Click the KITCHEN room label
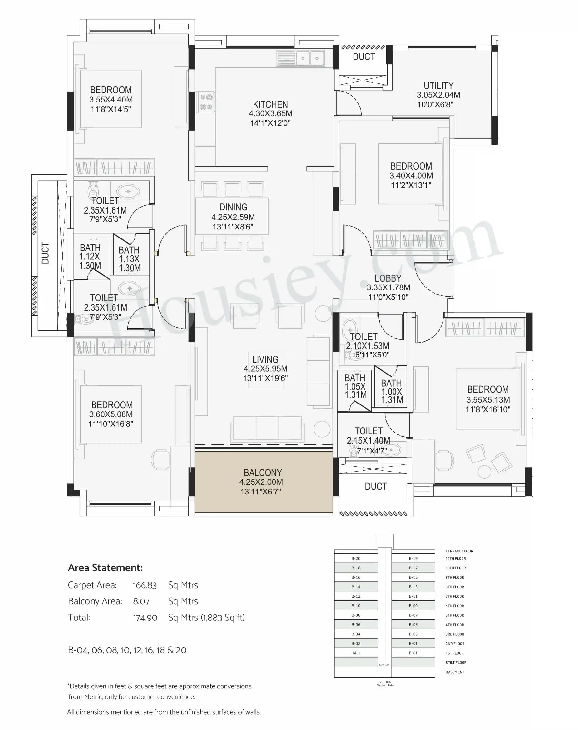click(270, 104)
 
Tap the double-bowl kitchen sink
click(301, 58)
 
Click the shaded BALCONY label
click(263, 473)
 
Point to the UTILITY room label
click(438, 85)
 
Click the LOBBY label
click(388, 278)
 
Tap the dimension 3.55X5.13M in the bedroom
click(488, 400)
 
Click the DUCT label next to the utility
click(364, 57)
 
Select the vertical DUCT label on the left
click(45, 253)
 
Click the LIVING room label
click(265, 359)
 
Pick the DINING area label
click(233, 207)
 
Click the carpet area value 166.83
click(144, 585)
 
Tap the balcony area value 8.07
click(141, 601)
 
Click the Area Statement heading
click(105, 568)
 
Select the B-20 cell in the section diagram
click(356, 559)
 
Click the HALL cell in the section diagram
click(356, 653)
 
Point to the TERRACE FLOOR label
click(459, 551)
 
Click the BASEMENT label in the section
click(455, 672)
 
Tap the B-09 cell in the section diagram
click(413, 606)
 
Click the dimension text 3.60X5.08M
click(111, 414)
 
